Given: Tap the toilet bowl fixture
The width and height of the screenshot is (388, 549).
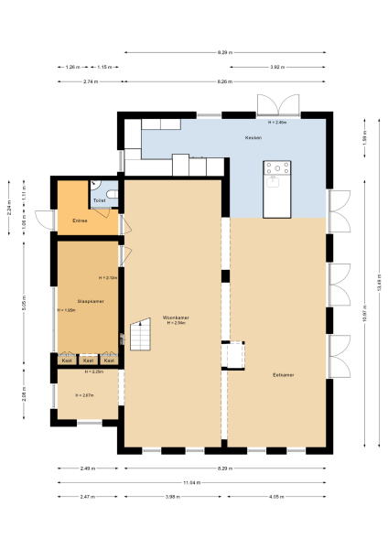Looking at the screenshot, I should (x=110, y=194).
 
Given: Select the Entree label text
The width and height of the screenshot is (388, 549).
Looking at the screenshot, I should (x=80, y=221).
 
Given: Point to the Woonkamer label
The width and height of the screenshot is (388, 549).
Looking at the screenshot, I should (x=176, y=318).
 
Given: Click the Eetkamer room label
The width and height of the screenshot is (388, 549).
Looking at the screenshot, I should (x=284, y=374).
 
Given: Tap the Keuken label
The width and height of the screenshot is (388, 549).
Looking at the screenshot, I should (x=253, y=137).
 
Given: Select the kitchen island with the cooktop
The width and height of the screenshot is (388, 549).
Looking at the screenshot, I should (x=277, y=188).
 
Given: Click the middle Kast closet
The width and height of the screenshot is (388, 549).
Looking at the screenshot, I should (x=88, y=361).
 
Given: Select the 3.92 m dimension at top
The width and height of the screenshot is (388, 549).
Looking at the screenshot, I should (x=276, y=67).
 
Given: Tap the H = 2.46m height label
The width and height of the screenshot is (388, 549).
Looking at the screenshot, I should (x=277, y=122).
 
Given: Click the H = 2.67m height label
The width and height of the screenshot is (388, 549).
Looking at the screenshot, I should (x=84, y=395).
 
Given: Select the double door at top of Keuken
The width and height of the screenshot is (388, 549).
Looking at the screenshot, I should (x=276, y=103).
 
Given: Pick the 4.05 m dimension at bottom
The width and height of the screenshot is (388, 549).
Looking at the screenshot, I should (x=276, y=497).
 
